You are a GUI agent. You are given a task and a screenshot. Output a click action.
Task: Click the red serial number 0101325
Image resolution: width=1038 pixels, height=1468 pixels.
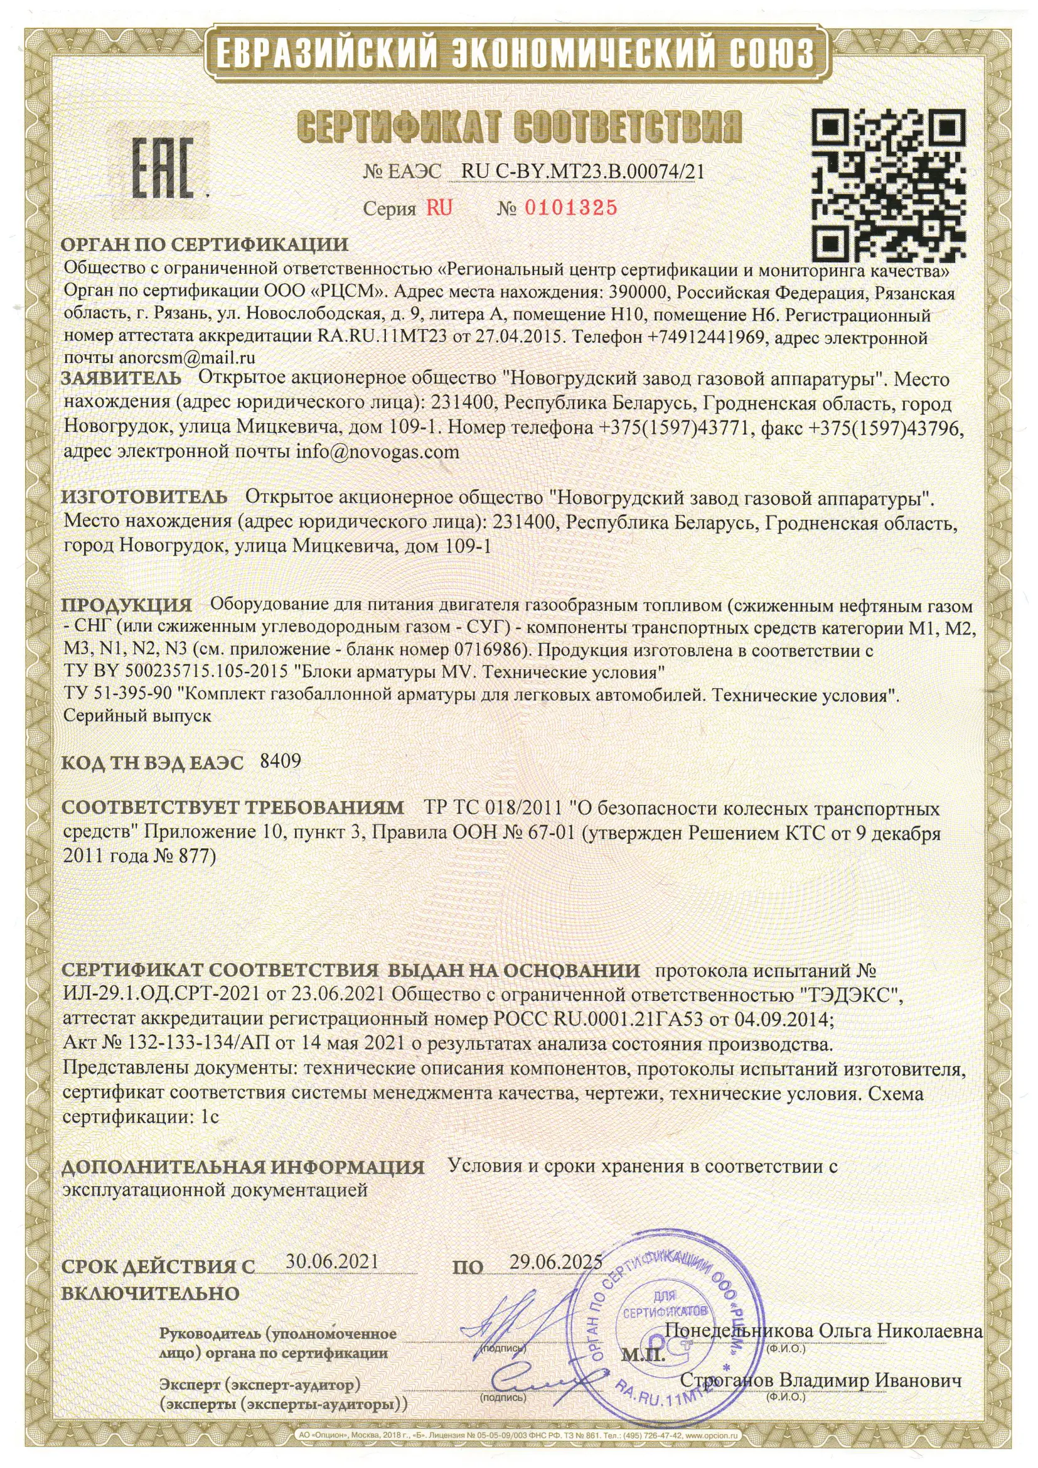[570, 208]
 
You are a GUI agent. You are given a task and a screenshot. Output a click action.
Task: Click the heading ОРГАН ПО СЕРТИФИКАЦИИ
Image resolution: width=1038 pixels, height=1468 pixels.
[205, 245]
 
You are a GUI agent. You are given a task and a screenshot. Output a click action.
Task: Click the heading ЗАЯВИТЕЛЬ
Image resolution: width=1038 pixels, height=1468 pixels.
[122, 379]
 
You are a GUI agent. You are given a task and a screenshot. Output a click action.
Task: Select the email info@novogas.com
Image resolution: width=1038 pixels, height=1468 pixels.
[378, 452]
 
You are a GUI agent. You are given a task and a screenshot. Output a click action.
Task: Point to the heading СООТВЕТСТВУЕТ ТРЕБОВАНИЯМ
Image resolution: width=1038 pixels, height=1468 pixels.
[233, 808]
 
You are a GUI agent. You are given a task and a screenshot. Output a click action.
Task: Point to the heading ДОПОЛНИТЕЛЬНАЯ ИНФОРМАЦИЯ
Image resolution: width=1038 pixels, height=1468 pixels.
[243, 1167]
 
